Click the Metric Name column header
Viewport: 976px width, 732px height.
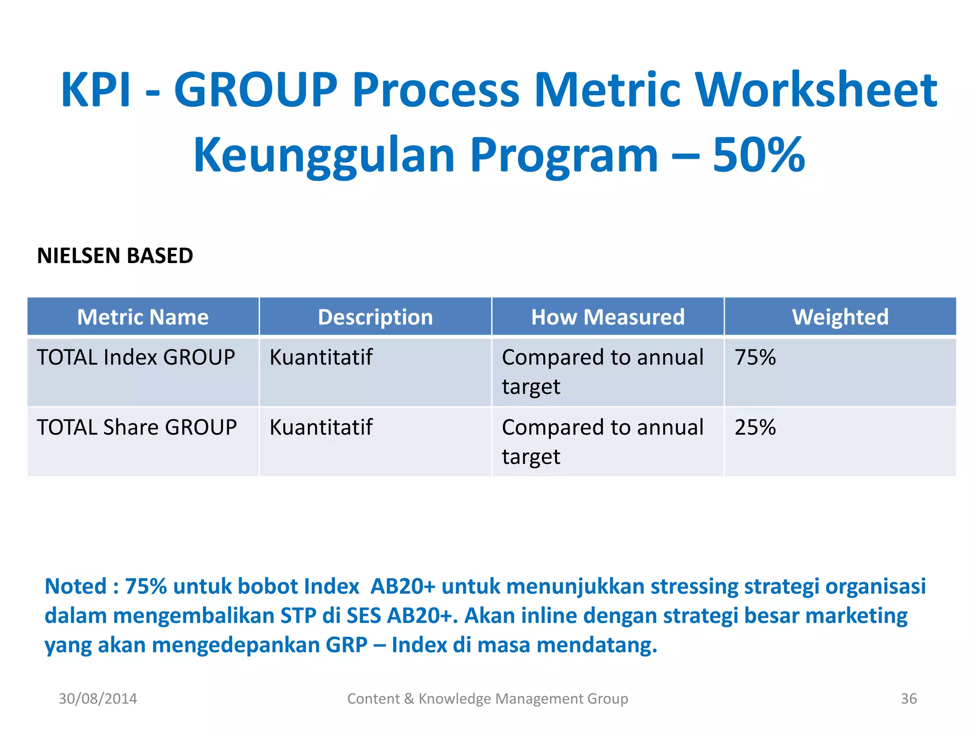(x=143, y=317)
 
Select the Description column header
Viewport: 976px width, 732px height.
(x=375, y=317)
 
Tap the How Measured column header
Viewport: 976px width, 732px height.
(x=608, y=317)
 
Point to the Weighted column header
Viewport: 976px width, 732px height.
(x=840, y=317)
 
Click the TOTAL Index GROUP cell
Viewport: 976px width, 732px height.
(x=136, y=357)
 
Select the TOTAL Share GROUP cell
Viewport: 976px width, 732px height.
(x=137, y=427)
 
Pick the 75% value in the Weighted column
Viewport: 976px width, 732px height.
(x=755, y=357)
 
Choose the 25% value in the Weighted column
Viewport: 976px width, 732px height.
(x=755, y=427)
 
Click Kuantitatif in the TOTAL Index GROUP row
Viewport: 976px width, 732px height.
(x=321, y=357)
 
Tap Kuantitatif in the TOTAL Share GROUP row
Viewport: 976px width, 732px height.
(x=321, y=427)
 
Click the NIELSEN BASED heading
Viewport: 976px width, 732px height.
(x=115, y=256)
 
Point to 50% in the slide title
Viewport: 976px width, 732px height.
(x=758, y=155)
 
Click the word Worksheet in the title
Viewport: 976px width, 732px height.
(x=816, y=90)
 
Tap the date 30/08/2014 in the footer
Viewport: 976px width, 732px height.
(x=98, y=699)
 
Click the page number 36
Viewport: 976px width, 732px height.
(x=908, y=699)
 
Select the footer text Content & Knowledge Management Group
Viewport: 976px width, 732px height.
(x=488, y=699)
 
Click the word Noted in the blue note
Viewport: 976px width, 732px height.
(x=75, y=587)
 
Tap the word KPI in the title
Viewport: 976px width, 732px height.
(x=95, y=90)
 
